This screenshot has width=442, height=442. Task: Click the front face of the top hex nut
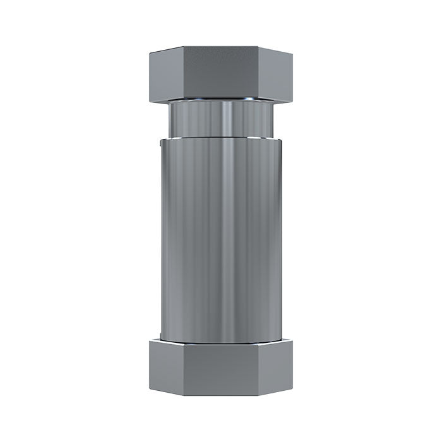click(221, 74)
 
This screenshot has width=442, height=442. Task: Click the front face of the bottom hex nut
click(221, 368)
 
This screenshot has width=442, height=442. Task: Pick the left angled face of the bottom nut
click(166, 367)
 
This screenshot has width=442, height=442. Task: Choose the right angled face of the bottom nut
click(275, 367)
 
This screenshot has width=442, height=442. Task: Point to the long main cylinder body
click(221, 240)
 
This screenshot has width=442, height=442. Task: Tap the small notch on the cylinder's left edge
click(161, 146)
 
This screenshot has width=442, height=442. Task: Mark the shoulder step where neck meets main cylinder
click(221, 136)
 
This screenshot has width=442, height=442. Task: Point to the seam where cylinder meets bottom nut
click(221, 343)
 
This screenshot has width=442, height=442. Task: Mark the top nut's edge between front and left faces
click(184, 74)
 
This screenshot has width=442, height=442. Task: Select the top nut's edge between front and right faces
click(258, 74)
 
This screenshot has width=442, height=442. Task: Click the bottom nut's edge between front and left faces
click(184, 368)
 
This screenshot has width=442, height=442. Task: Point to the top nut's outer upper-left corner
click(150, 53)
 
